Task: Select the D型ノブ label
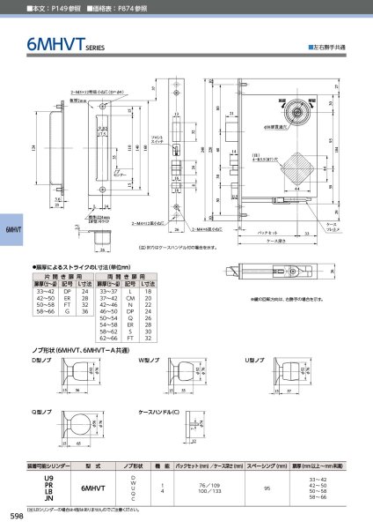43,361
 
